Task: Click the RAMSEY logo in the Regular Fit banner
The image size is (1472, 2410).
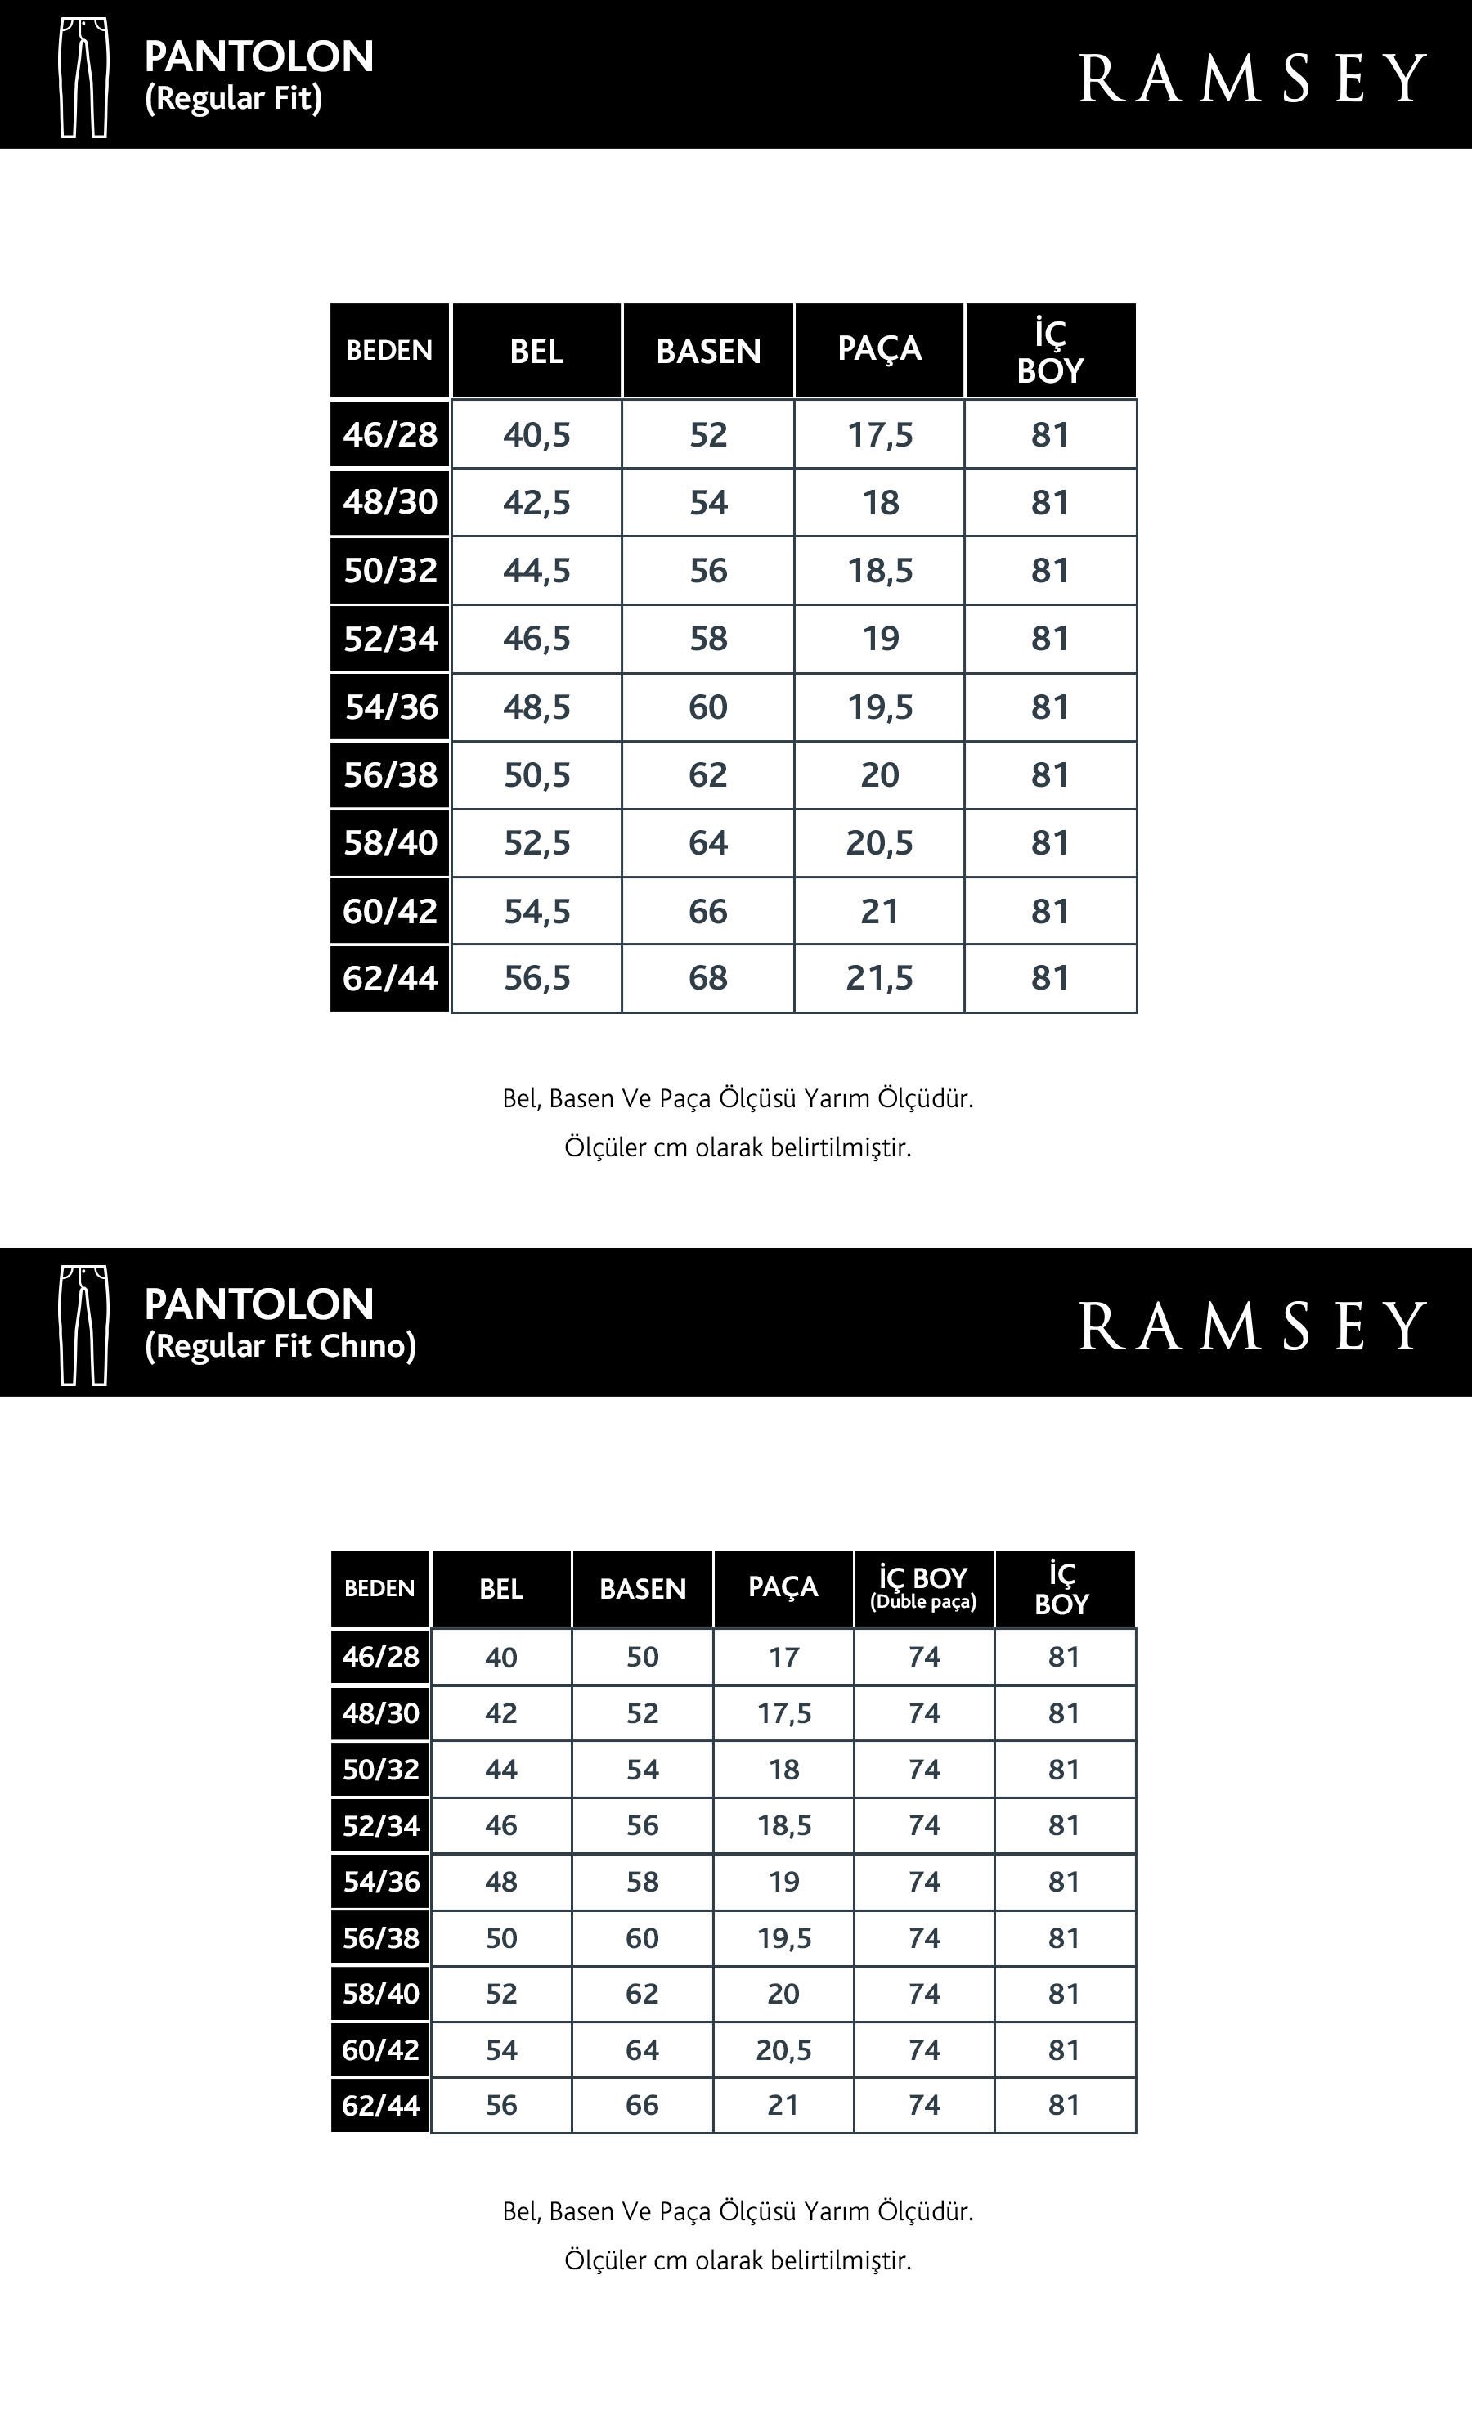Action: click(x=1251, y=79)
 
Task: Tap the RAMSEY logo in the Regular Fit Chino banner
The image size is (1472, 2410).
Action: click(x=1251, y=1326)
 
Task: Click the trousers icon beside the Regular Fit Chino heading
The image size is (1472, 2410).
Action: click(x=84, y=1326)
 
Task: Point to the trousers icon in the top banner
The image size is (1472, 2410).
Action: click(x=84, y=77)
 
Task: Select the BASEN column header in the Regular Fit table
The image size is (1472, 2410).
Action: click(x=708, y=351)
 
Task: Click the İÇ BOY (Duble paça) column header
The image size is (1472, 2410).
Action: click(x=923, y=1587)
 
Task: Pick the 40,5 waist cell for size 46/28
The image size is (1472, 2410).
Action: click(x=536, y=434)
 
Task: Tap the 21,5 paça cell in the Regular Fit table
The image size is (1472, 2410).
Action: click(x=879, y=978)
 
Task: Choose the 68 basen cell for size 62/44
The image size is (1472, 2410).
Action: click(x=708, y=978)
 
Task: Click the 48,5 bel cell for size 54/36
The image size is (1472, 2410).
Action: click(x=536, y=707)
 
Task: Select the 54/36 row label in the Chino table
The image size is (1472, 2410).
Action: click(x=380, y=1881)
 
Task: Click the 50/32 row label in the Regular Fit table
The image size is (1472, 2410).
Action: click(x=389, y=570)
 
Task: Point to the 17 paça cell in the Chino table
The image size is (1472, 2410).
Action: click(x=783, y=1657)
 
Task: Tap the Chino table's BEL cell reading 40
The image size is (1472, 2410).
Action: click(x=500, y=1657)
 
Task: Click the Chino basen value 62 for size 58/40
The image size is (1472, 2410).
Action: click(x=642, y=1993)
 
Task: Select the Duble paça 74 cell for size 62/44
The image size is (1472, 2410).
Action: click(x=923, y=2105)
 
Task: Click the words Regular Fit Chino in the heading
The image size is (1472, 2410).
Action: click(x=280, y=1347)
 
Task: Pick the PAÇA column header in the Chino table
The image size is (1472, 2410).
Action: click(x=783, y=1586)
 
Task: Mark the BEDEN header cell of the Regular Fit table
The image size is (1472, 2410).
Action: click(x=389, y=351)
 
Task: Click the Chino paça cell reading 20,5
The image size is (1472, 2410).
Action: click(x=783, y=2050)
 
